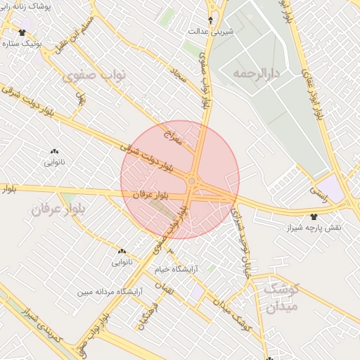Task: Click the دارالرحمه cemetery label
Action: tap(258, 73)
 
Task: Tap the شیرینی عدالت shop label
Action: tap(211, 32)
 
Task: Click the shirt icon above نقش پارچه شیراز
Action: tap(313, 217)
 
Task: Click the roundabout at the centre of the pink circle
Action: tap(192, 181)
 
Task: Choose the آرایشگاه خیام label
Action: tap(176, 269)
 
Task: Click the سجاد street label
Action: tap(181, 75)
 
